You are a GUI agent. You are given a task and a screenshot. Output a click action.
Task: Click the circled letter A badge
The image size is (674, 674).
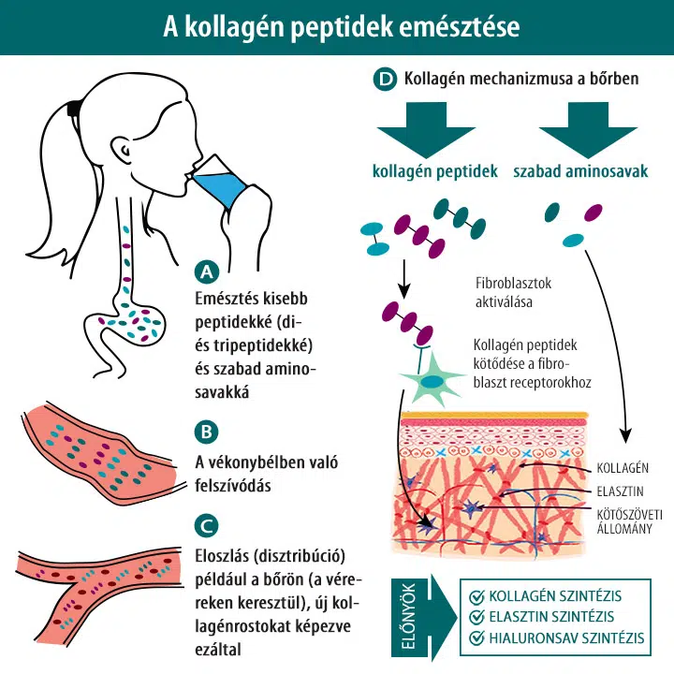tap(207, 271)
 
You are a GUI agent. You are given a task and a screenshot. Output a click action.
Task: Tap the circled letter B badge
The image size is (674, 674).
tap(207, 432)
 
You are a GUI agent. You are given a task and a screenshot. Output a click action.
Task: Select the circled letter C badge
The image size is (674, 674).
tap(207, 525)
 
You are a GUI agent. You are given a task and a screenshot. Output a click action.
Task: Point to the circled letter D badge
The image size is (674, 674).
tap(385, 79)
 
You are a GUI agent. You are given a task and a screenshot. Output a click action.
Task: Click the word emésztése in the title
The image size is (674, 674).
tap(459, 26)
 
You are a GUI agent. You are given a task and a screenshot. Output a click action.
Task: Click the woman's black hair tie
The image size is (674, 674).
tap(74, 109)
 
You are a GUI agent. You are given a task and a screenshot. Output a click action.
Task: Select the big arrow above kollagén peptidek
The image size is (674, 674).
tap(426, 129)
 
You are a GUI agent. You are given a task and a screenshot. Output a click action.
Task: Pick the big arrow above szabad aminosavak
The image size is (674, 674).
tap(588, 129)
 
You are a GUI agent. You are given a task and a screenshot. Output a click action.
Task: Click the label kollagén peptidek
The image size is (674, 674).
tap(435, 171)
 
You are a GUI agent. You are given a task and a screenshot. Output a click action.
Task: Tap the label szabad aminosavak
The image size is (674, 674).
tap(580, 171)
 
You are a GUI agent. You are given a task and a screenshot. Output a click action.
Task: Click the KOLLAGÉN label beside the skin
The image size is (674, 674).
tap(623, 468)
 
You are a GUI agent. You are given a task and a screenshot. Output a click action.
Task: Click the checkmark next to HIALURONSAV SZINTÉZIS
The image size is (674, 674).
tap(476, 637)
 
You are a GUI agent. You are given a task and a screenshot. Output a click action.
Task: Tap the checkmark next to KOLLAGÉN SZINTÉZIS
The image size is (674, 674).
tap(476, 596)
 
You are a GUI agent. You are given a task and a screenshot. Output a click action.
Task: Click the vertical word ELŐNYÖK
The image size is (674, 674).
tap(408, 616)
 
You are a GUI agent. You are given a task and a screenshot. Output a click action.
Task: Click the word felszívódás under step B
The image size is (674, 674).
tap(232, 486)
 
